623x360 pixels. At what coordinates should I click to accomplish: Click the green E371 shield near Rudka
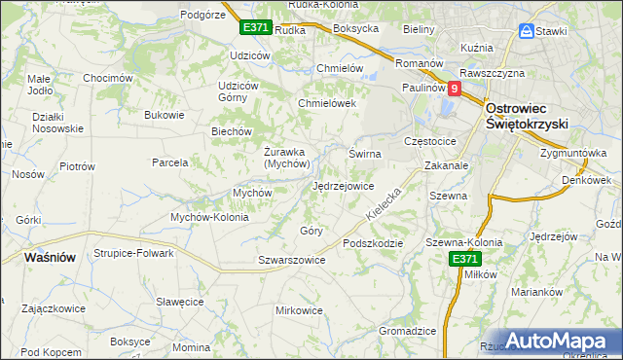[255, 28]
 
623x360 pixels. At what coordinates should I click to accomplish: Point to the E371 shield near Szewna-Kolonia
[463, 259]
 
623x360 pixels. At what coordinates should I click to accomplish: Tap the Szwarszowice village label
[291, 261]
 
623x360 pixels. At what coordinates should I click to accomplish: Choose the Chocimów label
[107, 78]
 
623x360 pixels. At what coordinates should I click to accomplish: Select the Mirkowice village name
[300, 310]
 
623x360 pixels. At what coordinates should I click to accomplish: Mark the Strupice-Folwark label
[133, 253]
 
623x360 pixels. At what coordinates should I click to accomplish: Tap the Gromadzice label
[407, 331]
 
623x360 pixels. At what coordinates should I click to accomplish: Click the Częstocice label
[436, 141]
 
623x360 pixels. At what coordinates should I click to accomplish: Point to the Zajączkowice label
[53, 307]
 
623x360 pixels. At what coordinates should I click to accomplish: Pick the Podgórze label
[203, 15]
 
